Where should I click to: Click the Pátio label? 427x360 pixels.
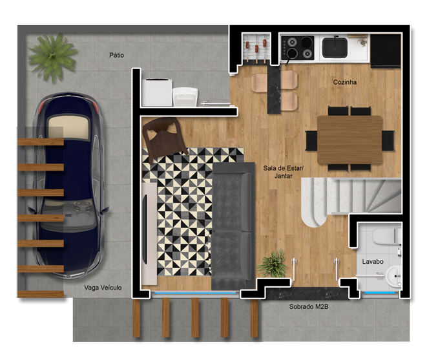point(116,56)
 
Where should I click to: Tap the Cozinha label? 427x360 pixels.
point(345,82)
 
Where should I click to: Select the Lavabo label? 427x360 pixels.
point(373,262)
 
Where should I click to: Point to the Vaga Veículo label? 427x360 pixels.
point(103,288)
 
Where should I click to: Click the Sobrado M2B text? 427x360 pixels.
point(309,306)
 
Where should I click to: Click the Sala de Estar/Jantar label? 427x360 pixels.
point(283,172)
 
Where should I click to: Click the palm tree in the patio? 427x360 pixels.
point(52,57)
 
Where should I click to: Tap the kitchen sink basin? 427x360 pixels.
point(335,48)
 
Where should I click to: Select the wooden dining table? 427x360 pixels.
point(350,140)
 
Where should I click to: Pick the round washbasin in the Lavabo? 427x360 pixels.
point(393,277)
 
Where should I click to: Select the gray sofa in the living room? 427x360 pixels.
point(233,226)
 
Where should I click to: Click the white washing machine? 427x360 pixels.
point(157,92)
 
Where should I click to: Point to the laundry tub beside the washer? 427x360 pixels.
point(185,97)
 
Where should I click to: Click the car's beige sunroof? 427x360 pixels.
point(68,127)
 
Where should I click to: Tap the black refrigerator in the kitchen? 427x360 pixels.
point(386,51)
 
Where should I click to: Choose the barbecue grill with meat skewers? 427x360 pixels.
point(256,48)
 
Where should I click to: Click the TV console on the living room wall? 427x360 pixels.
point(149,234)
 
